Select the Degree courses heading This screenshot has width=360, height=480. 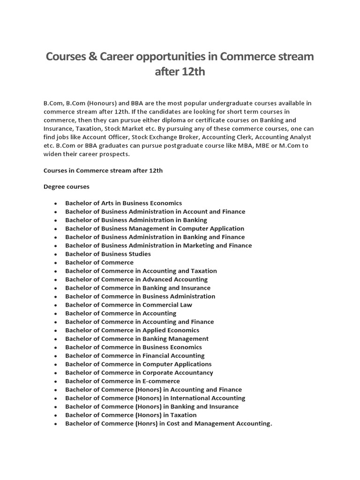coord(66,187)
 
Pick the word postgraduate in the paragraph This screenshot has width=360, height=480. coord(202,145)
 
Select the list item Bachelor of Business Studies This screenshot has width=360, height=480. coord(108,254)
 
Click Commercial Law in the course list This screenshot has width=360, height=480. coord(167,305)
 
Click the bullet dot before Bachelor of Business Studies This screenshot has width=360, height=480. coord(56,255)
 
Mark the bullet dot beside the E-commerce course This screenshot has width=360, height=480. coord(56,382)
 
